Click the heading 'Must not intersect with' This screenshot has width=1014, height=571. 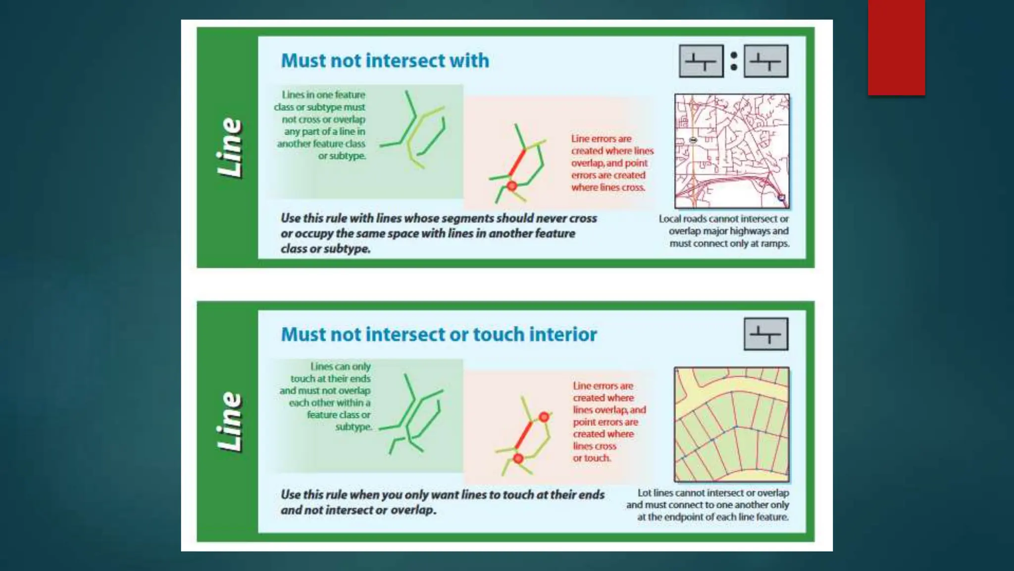click(x=385, y=60)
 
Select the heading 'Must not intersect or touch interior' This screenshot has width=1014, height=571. click(x=439, y=335)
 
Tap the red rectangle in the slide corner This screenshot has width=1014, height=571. click(x=896, y=48)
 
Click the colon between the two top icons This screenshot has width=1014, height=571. click(x=734, y=61)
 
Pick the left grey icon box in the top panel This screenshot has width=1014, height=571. click(x=701, y=61)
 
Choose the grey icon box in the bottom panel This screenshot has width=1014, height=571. click(x=766, y=334)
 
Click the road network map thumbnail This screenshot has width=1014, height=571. click(x=732, y=151)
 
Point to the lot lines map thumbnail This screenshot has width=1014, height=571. click(x=732, y=424)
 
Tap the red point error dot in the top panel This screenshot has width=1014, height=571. click(x=511, y=186)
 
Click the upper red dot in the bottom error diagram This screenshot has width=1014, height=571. click(x=544, y=417)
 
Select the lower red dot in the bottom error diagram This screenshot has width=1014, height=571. click(x=518, y=458)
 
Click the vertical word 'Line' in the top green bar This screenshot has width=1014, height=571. click(x=230, y=148)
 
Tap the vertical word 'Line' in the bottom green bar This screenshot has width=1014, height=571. click(x=230, y=422)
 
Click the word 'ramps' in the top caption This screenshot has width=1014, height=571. click(x=774, y=243)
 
